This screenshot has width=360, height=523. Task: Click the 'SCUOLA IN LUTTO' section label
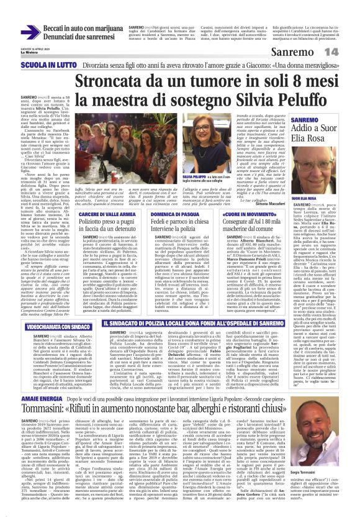pyautogui.click(x=45, y=63)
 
